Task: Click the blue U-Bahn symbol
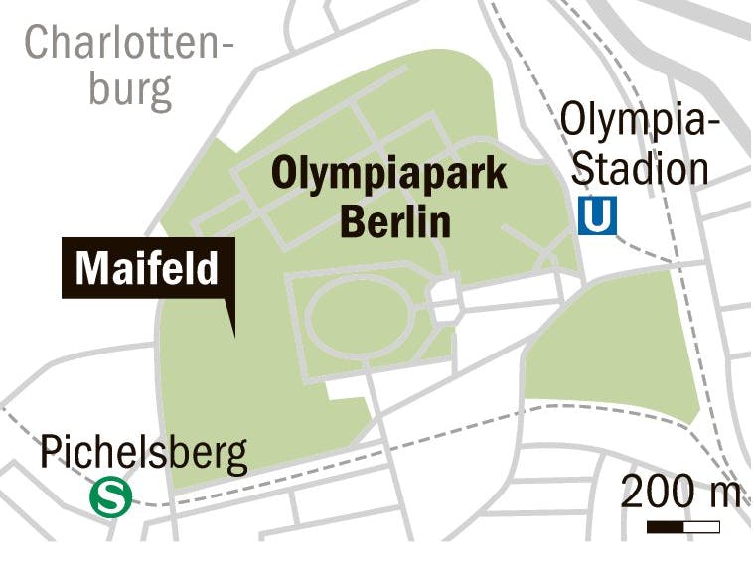tap(597, 214)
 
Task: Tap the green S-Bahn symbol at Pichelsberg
tap(110, 497)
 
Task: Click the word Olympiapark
tap(389, 175)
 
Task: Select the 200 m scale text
tap(680, 492)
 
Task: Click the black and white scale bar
tap(682, 525)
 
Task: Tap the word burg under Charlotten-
tap(130, 89)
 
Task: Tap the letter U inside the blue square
tap(597, 214)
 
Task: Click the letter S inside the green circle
tap(110, 497)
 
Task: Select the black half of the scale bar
tap(665, 525)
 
